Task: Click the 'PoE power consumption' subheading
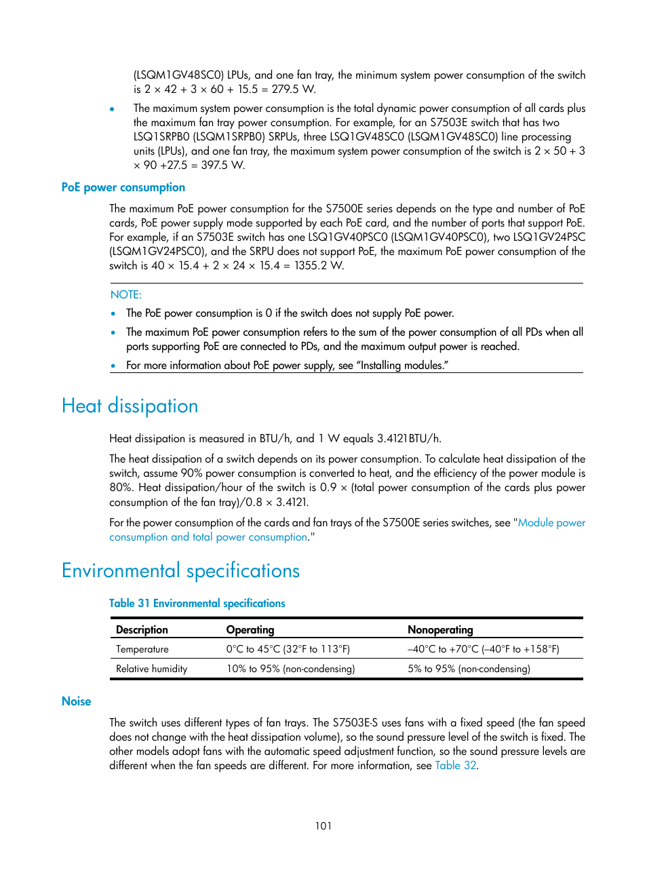pos(123,188)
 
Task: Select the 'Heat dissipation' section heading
pos(130,406)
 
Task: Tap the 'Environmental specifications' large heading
pos(180,571)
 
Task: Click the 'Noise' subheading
pos(76,701)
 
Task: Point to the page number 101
pos(323,826)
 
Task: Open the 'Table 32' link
pos(455,766)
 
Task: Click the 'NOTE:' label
pos(126,295)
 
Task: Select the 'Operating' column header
pos(250,630)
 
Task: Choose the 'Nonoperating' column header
pos(440,630)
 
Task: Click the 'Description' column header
pos(142,630)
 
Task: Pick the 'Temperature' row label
pos(142,650)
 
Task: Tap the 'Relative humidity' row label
pos(151,669)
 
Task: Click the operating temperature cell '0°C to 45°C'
pos(288,650)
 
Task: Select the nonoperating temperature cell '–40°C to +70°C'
pos(483,650)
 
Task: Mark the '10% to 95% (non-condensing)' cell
pos(290,669)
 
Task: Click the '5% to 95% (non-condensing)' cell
pos(469,669)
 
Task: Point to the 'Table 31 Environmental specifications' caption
pos(197,604)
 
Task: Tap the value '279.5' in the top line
pos(286,90)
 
